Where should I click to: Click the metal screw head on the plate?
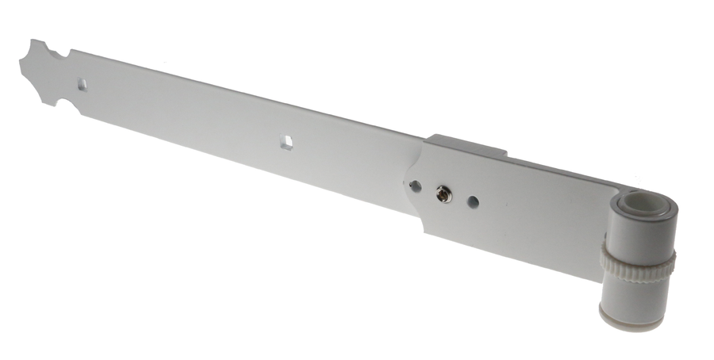[443, 193]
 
